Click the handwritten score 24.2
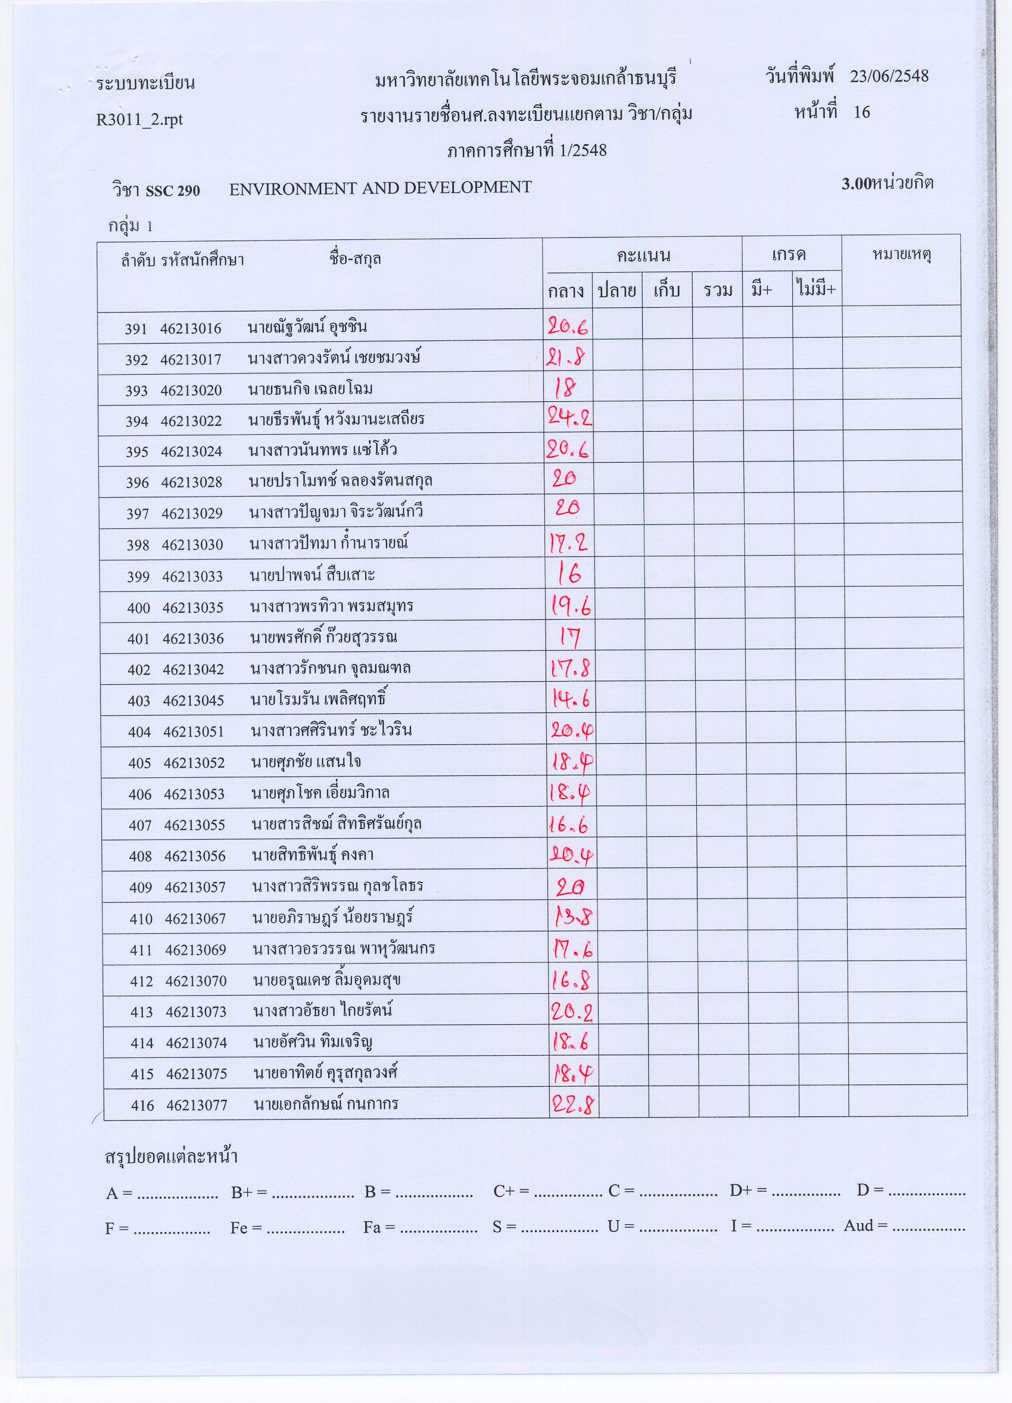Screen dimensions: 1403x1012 coord(569,419)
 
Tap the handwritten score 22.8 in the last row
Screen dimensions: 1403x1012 coord(572,1103)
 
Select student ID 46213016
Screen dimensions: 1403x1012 coord(190,329)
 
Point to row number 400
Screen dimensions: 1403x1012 coord(139,607)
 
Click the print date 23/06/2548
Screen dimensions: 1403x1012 coord(889,76)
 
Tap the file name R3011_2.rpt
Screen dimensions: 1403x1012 coord(139,119)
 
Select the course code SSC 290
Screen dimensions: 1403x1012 coord(173,191)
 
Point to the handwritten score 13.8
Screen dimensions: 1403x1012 coord(572,917)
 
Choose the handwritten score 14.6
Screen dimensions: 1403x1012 coord(571,699)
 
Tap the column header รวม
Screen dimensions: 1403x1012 coord(718,290)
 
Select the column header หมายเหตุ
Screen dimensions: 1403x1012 coord(901,255)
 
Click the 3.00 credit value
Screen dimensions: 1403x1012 coord(855,183)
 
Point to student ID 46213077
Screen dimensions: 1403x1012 coord(197,1105)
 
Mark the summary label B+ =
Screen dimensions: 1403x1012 coord(248,1192)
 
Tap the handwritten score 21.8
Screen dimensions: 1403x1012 coord(566,357)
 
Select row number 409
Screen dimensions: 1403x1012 coord(141,887)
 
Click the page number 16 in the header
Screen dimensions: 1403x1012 coord(861,112)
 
